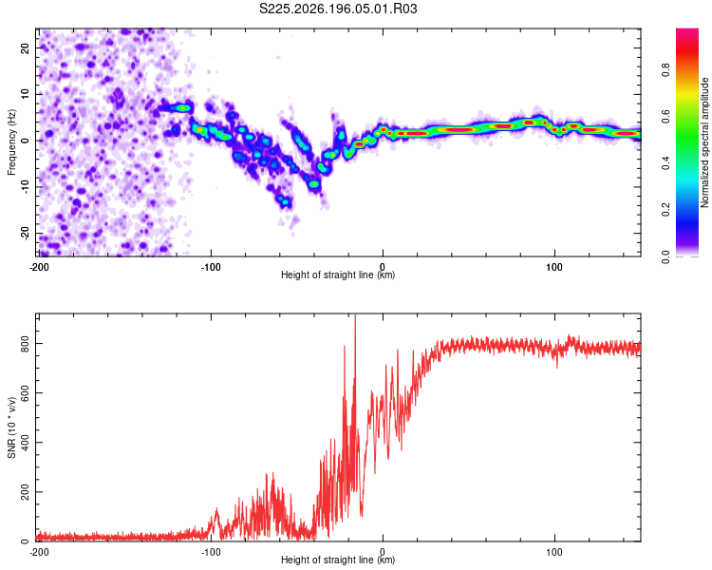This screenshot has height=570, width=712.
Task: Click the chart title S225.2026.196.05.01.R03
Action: click(x=338, y=9)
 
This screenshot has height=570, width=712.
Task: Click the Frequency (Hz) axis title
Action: click(x=11, y=142)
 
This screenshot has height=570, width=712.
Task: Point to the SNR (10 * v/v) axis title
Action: click(x=11, y=427)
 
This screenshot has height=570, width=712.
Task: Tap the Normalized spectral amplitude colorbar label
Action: click(x=704, y=142)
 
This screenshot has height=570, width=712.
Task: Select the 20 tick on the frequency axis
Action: click(x=26, y=47)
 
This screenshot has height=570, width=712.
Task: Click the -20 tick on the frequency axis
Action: click(x=26, y=234)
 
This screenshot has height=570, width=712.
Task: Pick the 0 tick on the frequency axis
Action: click(x=26, y=141)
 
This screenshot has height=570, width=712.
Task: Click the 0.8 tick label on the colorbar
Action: click(x=665, y=70)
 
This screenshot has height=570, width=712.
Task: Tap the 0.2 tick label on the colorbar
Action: click(x=665, y=210)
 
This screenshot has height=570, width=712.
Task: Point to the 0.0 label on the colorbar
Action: click(x=665, y=256)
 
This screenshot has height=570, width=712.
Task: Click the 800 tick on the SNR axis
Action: click(x=26, y=344)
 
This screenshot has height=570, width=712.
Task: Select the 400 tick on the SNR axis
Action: click(x=26, y=443)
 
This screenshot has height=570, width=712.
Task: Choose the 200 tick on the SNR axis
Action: click(x=26, y=492)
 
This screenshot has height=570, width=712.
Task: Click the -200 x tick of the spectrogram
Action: click(x=39, y=267)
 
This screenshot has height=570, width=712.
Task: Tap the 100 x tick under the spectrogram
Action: click(x=554, y=267)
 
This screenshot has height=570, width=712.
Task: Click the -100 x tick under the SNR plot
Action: click(x=211, y=552)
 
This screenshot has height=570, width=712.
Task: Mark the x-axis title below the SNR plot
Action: click(x=338, y=560)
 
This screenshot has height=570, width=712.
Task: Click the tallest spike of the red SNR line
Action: click(x=355, y=315)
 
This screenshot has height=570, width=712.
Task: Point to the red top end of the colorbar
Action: click(x=687, y=30)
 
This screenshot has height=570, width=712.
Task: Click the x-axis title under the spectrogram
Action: click(x=338, y=275)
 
